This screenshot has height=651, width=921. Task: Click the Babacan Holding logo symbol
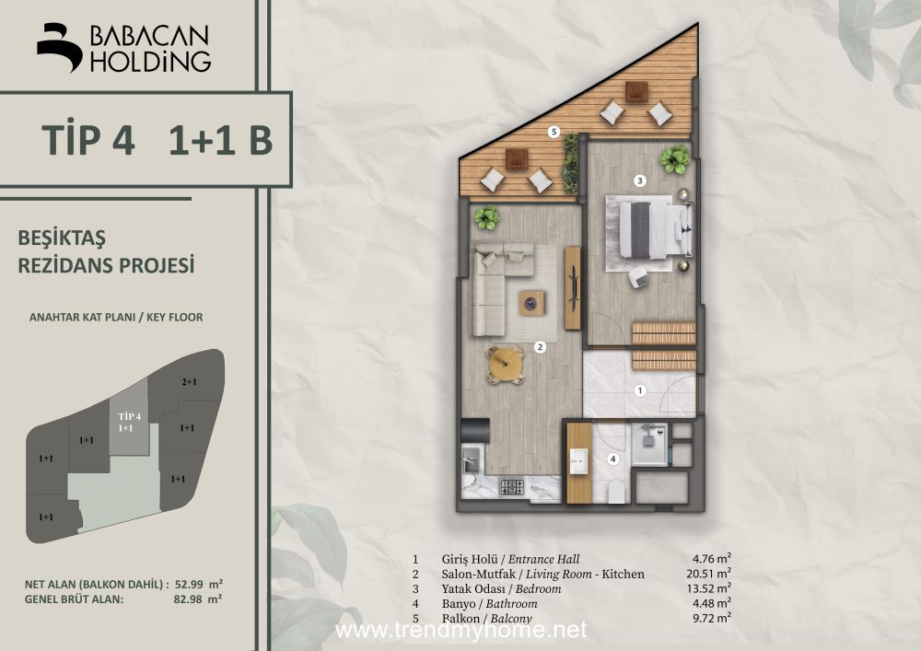click(59, 48)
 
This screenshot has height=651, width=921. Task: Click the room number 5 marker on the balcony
click(554, 132)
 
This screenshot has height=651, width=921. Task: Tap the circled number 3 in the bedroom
click(640, 180)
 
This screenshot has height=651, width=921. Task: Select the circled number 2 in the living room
click(540, 347)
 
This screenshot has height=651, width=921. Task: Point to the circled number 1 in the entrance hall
click(640, 390)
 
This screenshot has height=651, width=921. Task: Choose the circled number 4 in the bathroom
click(613, 459)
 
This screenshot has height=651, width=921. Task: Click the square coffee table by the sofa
click(531, 304)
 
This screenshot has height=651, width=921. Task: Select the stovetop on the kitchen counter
click(511, 486)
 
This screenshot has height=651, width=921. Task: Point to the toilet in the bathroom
click(616, 494)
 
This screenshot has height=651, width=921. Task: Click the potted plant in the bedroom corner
click(674, 159)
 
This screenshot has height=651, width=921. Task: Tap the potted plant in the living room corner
click(486, 218)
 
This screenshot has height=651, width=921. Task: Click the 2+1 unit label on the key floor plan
click(189, 382)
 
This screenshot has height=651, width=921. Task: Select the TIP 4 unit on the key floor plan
click(129, 418)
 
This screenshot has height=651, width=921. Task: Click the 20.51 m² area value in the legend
click(712, 574)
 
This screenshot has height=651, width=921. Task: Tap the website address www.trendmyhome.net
click(460, 630)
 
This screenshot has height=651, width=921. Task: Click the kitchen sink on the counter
click(471, 460)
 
